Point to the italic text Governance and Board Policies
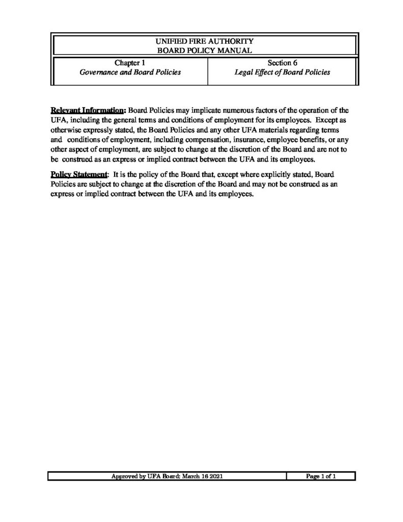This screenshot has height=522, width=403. pos(130,72)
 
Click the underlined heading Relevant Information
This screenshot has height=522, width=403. pos(88,110)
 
